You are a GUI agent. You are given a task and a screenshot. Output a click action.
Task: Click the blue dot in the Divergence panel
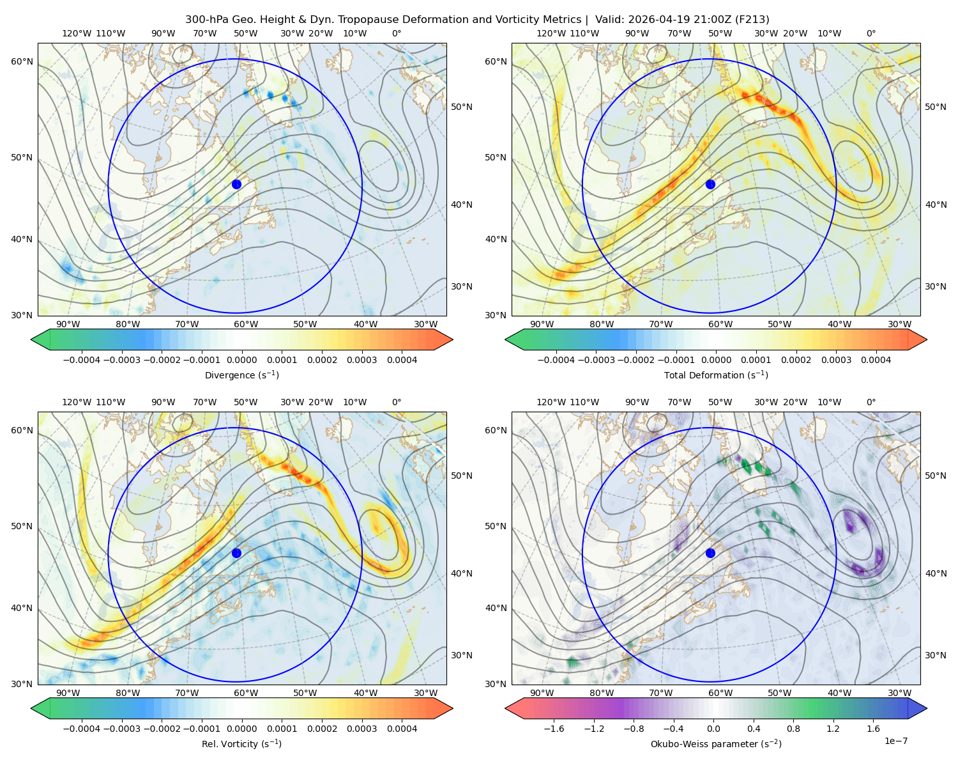(x=236, y=185)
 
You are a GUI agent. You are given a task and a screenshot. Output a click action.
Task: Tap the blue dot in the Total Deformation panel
(x=710, y=185)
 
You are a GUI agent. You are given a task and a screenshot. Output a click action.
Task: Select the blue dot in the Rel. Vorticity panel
(x=236, y=553)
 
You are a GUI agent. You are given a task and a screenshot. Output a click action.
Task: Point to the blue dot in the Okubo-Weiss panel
(x=710, y=553)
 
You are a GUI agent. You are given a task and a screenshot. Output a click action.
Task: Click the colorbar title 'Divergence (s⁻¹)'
(x=241, y=375)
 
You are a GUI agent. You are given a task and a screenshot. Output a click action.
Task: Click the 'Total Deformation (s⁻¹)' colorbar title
(x=716, y=375)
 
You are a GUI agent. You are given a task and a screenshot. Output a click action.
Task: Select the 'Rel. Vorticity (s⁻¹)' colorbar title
(x=241, y=743)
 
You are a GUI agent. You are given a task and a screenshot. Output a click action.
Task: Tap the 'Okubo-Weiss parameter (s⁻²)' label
(x=716, y=743)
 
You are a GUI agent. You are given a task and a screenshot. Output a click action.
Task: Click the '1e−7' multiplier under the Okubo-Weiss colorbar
(x=895, y=741)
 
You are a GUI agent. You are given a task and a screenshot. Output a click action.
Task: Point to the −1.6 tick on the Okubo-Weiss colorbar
(x=554, y=729)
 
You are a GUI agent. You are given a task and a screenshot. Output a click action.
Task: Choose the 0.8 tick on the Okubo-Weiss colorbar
(x=793, y=729)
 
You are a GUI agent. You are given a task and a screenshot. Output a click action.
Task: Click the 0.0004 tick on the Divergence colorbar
(x=402, y=360)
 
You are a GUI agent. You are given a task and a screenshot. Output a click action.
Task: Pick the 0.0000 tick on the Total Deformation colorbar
(x=716, y=360)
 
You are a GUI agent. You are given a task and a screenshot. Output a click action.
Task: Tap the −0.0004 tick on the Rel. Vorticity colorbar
(x=82, y=729)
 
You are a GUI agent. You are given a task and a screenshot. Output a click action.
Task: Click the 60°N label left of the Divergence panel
(x=22, y=61)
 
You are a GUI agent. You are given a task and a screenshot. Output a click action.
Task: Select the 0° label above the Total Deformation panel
(x=871, y=33)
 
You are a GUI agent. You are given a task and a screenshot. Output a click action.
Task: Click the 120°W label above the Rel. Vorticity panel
(x=77, y=402)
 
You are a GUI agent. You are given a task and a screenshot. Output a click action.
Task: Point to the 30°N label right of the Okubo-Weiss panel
(x=936, y=655)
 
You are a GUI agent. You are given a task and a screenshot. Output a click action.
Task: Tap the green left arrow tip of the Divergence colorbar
(x=31, y=339)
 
